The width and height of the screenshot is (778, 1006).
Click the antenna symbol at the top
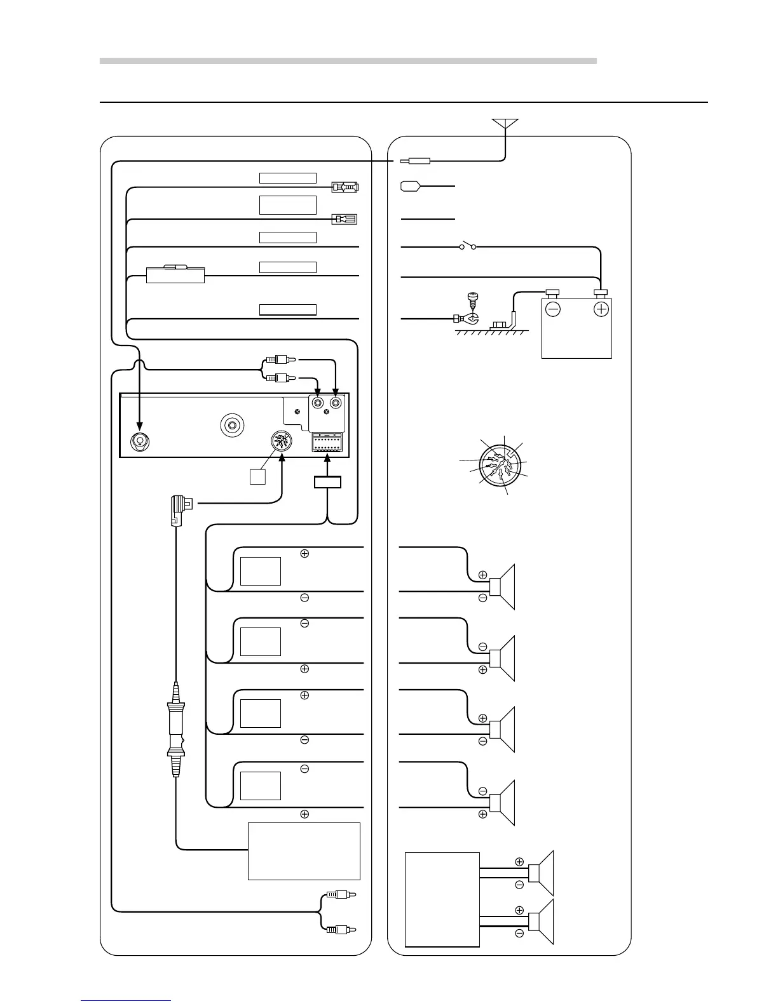click(505, 123)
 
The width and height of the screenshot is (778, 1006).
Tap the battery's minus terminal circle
click(553, 309)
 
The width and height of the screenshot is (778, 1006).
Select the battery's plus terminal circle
click(601, 309)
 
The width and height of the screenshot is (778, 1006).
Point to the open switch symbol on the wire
click(468, 246)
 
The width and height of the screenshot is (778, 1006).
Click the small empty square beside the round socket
click(257, 476)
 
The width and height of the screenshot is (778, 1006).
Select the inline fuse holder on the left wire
click(175, 274)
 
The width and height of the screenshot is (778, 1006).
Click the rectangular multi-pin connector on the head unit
click(327, 442)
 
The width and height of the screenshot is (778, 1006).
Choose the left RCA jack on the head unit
click(318, 402)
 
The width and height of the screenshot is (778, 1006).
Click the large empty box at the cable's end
click(304, 851)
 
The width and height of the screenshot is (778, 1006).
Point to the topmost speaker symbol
click(506, 586)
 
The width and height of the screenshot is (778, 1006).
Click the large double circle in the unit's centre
click(232, 425)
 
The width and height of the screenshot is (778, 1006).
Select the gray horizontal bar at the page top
click(348, 61)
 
